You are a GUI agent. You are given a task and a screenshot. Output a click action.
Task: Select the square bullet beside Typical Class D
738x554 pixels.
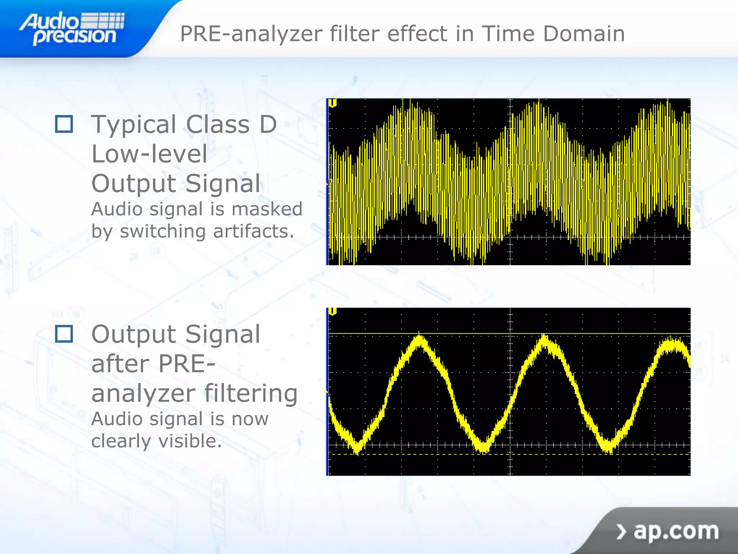64,124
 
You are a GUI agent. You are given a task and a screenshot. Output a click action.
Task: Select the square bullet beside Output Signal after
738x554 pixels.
64,334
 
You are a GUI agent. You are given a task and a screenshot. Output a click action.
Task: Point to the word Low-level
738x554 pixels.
149,154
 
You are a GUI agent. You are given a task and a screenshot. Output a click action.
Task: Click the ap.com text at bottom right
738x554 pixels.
676,531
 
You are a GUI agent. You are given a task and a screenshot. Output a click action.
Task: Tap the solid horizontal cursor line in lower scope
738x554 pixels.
468,334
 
